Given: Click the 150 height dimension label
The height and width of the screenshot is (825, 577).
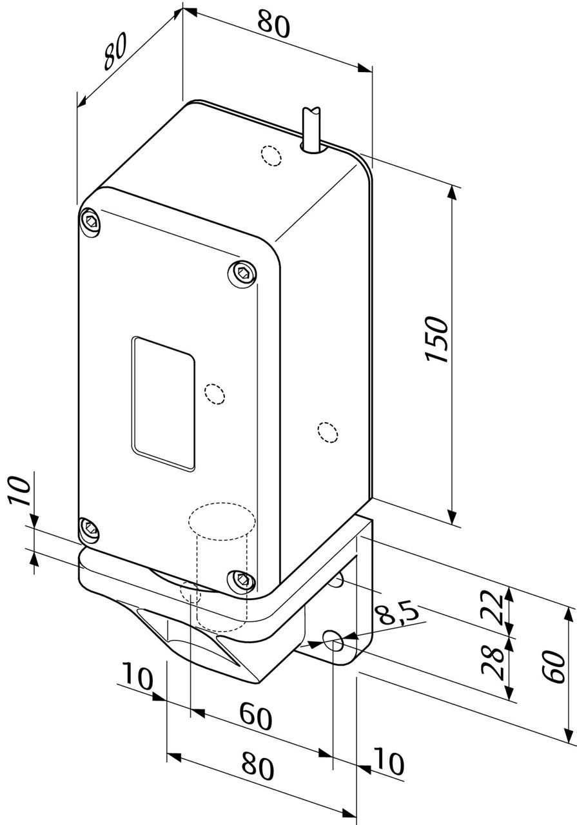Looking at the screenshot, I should coord(437,339).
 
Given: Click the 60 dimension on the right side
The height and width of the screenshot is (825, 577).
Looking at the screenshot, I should coord(553,667).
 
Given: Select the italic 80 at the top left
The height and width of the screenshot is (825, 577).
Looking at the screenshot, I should coord(116,51).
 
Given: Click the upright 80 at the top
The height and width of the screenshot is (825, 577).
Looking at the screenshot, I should coord(274,24).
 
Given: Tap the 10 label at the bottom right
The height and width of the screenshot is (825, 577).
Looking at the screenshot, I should coord(388,764).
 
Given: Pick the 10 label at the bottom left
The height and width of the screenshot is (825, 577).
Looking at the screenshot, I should coord(136,679).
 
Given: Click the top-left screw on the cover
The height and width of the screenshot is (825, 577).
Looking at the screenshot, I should coord(90,221).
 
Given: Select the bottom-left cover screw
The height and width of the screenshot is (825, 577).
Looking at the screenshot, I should coord(89,530).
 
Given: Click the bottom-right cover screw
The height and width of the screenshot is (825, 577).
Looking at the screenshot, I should coord(242,579).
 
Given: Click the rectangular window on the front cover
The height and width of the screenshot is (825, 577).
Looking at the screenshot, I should coord(162,403).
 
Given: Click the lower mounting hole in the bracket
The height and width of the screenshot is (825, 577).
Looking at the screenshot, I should coord(334,641).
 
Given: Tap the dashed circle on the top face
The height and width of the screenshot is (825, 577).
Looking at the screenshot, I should coord(271,155).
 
